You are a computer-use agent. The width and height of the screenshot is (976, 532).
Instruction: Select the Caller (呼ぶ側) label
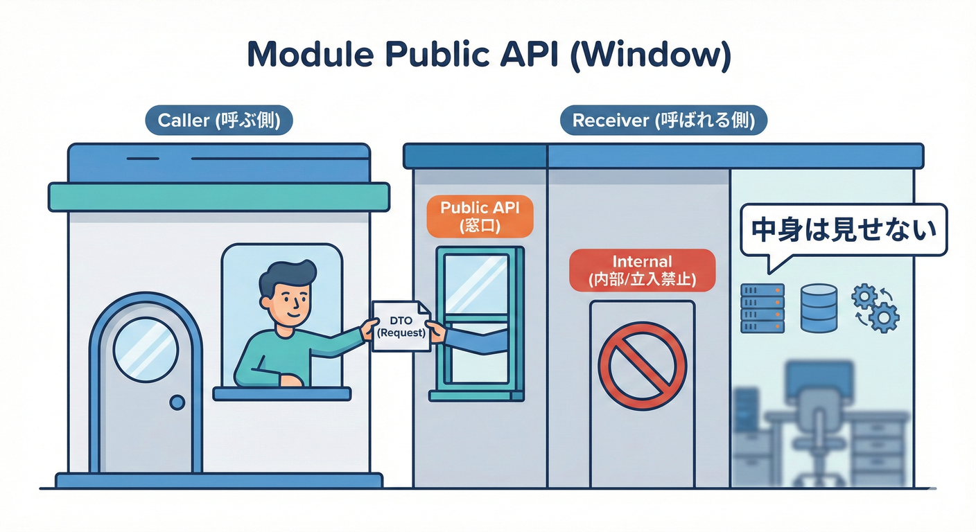pyautogui.click(x=219, y=121)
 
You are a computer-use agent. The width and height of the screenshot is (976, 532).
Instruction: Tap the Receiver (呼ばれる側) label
pyautogui.click(x=663, y=121)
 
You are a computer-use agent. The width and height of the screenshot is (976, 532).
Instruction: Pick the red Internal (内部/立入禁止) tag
pyautogui.click(x=642, y=270)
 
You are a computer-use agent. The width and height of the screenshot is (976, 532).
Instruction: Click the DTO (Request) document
pyautogui.click(x=400, y=326)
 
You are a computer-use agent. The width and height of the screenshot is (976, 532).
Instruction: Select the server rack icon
pyautogui.click(x=762, y=308)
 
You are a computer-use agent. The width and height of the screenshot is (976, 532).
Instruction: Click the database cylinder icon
pyautogui.click(x=819, y=308)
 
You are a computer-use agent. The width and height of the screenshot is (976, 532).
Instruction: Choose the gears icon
pyautogui.click(x=875, y=308)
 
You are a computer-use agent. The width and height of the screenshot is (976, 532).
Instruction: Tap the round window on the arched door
pyautogui.click(x=146, y=350)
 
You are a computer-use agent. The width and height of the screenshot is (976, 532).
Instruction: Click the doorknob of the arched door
pyautogui.click(x=177, y=402)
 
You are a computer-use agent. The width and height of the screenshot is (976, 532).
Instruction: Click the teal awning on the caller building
pyautogui.click(x=218, y=197)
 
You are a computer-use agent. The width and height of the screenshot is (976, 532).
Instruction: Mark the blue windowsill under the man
pyautogui.click(x=282, y=393)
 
